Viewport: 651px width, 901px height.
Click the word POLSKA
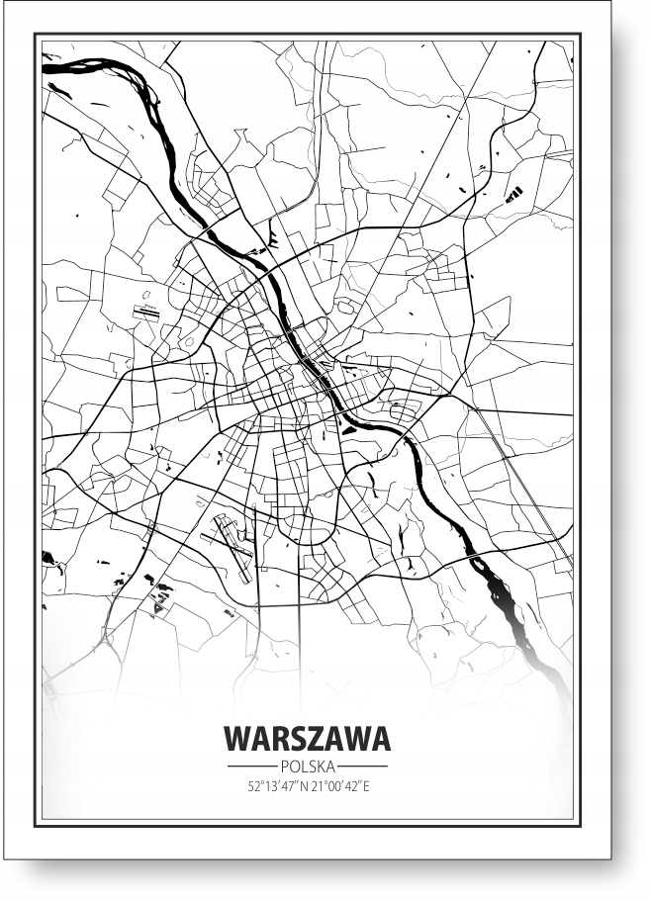tap(307, 766)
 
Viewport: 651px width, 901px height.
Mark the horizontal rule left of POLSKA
tap(251, 766)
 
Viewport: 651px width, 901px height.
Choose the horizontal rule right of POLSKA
tap(363, 766)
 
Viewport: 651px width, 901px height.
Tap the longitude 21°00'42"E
tap(338, 787)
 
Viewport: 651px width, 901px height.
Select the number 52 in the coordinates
tap(254, 787)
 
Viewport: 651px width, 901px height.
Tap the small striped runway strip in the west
tap(145, 313)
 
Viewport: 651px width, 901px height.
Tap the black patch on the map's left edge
tap(46, 558)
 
